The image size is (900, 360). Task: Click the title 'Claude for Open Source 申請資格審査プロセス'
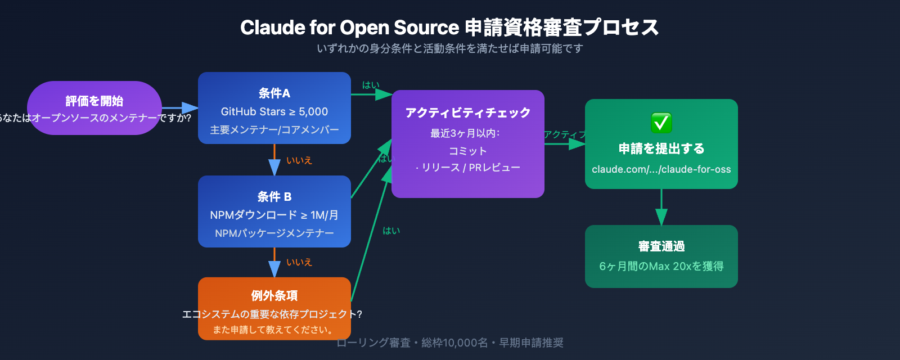pyautogui.click(x=449, y=27)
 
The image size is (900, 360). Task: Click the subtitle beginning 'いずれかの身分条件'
pyautogui.click(x=449, y=48)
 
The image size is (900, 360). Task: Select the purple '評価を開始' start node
pyautogui.click(x=94, y=101)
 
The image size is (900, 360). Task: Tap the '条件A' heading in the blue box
pyautogui.click(x=274, y=93)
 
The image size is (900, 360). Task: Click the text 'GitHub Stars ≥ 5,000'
pyautogui.click(x=274, y=111)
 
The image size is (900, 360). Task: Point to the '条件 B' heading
pyautogui.click(x=274, y=196)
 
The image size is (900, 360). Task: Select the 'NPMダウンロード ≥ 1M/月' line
pyautogui.click(x=274, y=215)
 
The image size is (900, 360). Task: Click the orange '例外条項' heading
pyautogui.click(x=274, y=295)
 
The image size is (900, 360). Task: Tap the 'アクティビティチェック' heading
pyautogui.click(x=467, y=112)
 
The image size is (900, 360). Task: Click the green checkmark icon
pyautogui.click(x=661, y=122)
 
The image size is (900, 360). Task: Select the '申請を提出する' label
pyautogui.click(x=661, y=148)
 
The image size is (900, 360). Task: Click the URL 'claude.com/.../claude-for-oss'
pyautogui.click(x=661, y=169)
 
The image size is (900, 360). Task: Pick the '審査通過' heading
pyautogui.click(x=661, y=246)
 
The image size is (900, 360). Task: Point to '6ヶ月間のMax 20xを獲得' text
pyautogui.click(x=661, y=266)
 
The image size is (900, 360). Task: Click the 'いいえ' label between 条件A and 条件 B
pyautogui.click(x=299, y=160)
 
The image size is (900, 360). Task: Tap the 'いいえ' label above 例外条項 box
pyautogui.click(x=299, y=262)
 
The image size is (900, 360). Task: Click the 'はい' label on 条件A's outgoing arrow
pyautogui.click(x=371, y=85)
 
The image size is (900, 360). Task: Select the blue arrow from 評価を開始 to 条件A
pyautogui.click(x=180, y=108)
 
